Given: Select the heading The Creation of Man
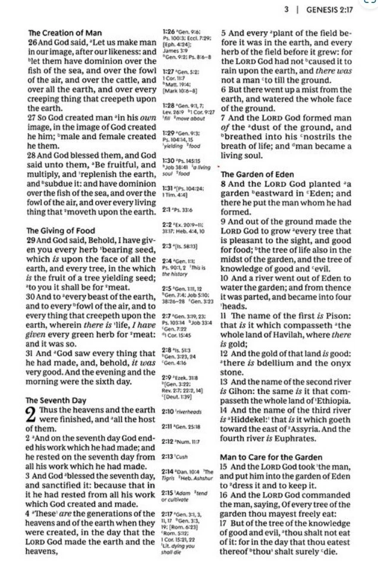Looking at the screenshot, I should (65, 33).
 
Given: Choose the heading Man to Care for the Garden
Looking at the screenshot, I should (272, 458).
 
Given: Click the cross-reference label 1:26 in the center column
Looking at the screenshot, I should (168, 30).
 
